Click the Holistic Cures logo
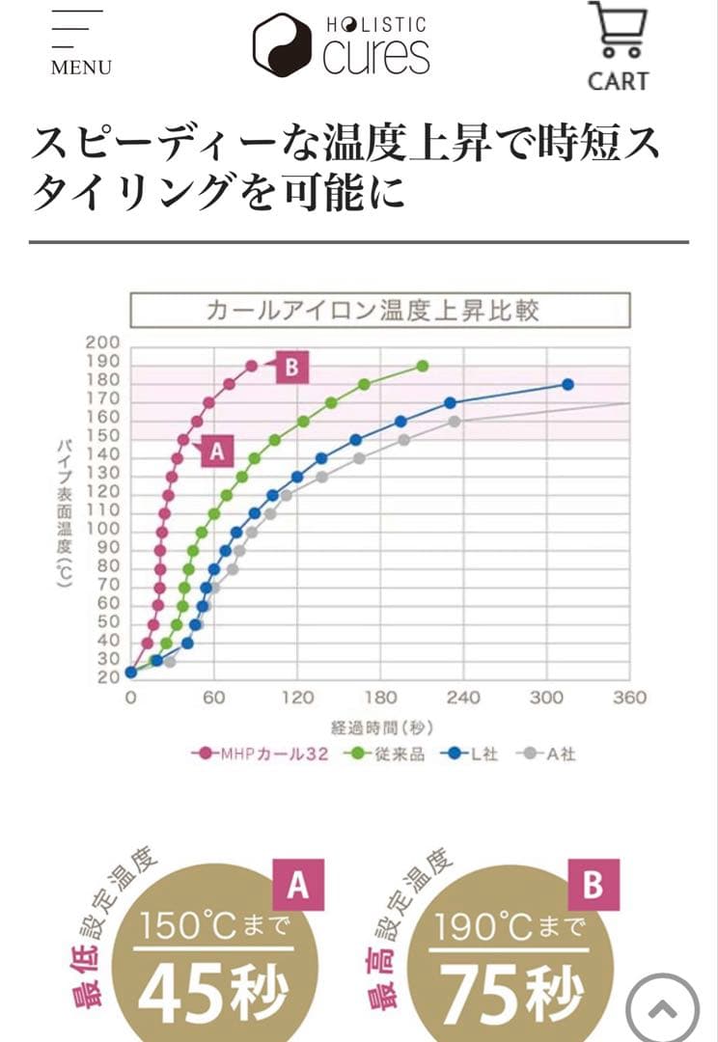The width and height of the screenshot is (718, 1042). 342,44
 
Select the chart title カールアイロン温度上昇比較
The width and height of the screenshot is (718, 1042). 379,311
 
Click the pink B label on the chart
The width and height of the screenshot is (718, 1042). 291,367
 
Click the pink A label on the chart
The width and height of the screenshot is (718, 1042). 216,450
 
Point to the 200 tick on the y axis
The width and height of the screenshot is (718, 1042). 102,343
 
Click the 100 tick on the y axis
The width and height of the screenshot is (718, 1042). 102,529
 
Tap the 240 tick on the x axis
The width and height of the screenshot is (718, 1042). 463,698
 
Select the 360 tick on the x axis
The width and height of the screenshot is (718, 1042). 629,698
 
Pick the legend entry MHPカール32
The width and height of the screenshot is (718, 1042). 262,754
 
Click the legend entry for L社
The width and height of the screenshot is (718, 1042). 474,754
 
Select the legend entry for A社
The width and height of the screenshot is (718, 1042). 550,754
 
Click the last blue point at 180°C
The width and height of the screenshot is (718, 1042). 567,384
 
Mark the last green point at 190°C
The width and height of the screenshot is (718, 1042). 422,366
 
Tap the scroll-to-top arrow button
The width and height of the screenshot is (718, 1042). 662,1009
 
